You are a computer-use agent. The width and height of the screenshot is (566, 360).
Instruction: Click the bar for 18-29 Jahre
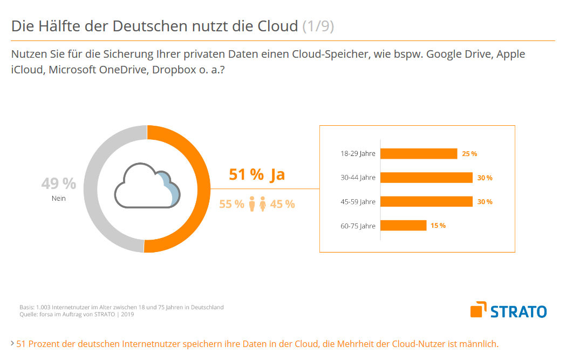pyautogui.click(x=419, y=153)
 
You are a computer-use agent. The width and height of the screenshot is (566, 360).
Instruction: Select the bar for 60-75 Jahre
pyautogui.click(x=404, y=226)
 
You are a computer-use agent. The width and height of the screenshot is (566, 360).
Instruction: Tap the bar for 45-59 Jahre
pyautogui.click(x=426, y=201)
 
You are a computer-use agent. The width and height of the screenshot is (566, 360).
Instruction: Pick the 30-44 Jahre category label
pyautogui.click(x=358, y=178)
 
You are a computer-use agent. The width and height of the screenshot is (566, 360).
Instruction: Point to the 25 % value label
pyautogui.click(x=469, y=154)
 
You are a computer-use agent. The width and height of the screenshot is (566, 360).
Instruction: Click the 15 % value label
pyautogui.click(x=438, y=226)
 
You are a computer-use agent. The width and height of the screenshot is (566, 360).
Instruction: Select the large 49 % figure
pyautogui.click(x=58, y=184)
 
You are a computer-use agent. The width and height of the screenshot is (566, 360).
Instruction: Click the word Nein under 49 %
pyautogui.click(x=58, y=199)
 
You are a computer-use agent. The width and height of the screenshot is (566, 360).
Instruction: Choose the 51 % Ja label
pyautogui.click(x=257, y=175)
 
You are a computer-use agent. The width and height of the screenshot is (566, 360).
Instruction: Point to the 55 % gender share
pyautogui.click(x=231, y=204)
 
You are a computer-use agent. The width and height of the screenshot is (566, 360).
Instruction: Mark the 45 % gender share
pyautogui.click(x=282, y=204)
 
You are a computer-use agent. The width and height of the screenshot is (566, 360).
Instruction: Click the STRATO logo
pyautogui.click(x=508, y=310)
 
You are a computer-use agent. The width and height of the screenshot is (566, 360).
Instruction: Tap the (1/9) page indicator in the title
pyautogui.click(x=318, y=26)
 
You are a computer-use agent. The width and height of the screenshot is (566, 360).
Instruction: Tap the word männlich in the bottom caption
pyautogui.click(x=479, y=343)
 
